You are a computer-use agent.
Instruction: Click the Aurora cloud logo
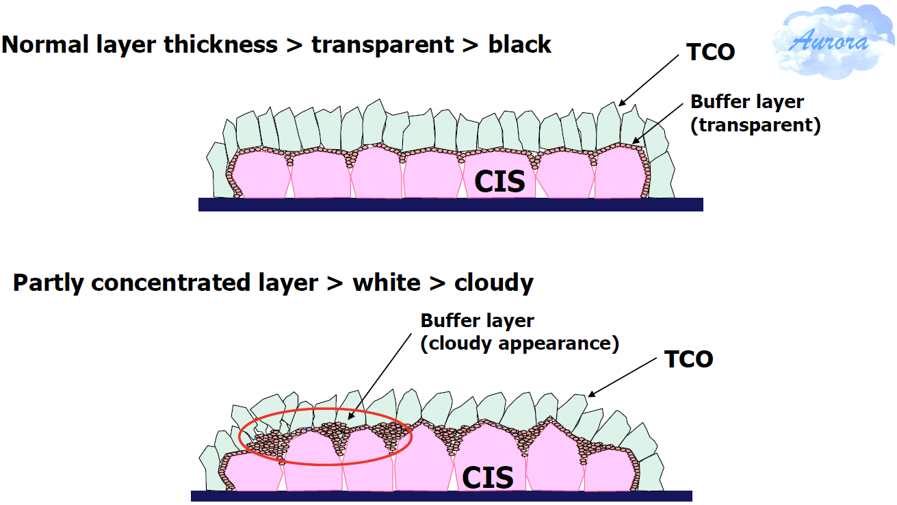pos(833,41)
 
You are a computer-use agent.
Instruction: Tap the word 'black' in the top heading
pos(519,44)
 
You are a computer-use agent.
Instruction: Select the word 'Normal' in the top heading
pos(45,44)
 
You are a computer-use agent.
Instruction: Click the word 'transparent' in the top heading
pos(382,45)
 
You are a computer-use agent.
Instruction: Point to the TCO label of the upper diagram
pos(711,52)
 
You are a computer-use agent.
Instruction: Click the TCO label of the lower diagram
pos(689,359)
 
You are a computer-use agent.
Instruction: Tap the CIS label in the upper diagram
pos(499,181)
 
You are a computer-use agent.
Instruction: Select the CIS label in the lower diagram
pos(487,478)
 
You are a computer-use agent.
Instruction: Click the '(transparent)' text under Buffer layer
pos(755,125)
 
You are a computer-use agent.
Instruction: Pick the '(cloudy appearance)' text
pos(520,344)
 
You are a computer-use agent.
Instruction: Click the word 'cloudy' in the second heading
pos(493,283)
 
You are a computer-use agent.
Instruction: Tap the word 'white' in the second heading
pos(387,283)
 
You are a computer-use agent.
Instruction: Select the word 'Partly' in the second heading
pos(48,283)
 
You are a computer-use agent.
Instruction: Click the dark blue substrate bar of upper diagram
pos(450,204)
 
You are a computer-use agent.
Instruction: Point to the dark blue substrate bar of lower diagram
pos(441,496)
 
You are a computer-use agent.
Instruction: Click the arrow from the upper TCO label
pos(649,81)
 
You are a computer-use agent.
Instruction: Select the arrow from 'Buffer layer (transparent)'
pos(658,124)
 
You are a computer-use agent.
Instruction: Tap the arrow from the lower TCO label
pos(622,377)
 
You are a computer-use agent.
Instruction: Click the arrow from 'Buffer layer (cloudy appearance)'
pos(380,376)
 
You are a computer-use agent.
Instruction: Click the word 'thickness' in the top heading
pos(220,44)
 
